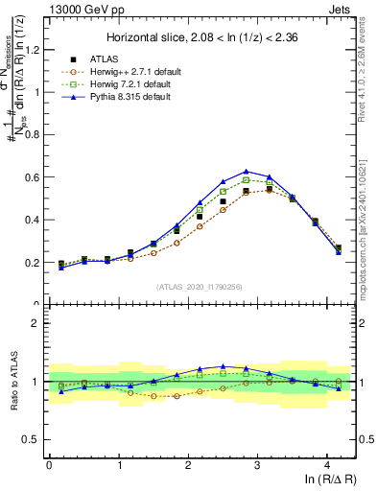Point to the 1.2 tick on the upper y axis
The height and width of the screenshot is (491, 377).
point(35,50)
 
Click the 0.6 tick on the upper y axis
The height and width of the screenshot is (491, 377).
point(35,177)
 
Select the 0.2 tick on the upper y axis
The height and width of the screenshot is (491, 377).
point(35,262)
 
